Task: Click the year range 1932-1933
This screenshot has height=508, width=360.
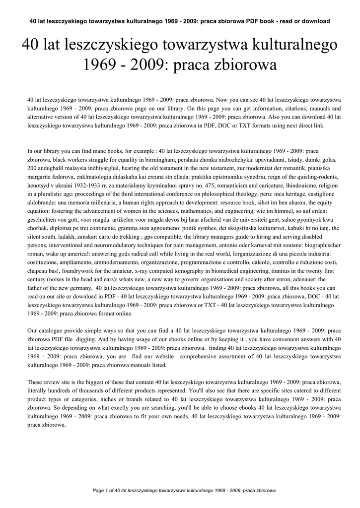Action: click(x=76, y=185)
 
